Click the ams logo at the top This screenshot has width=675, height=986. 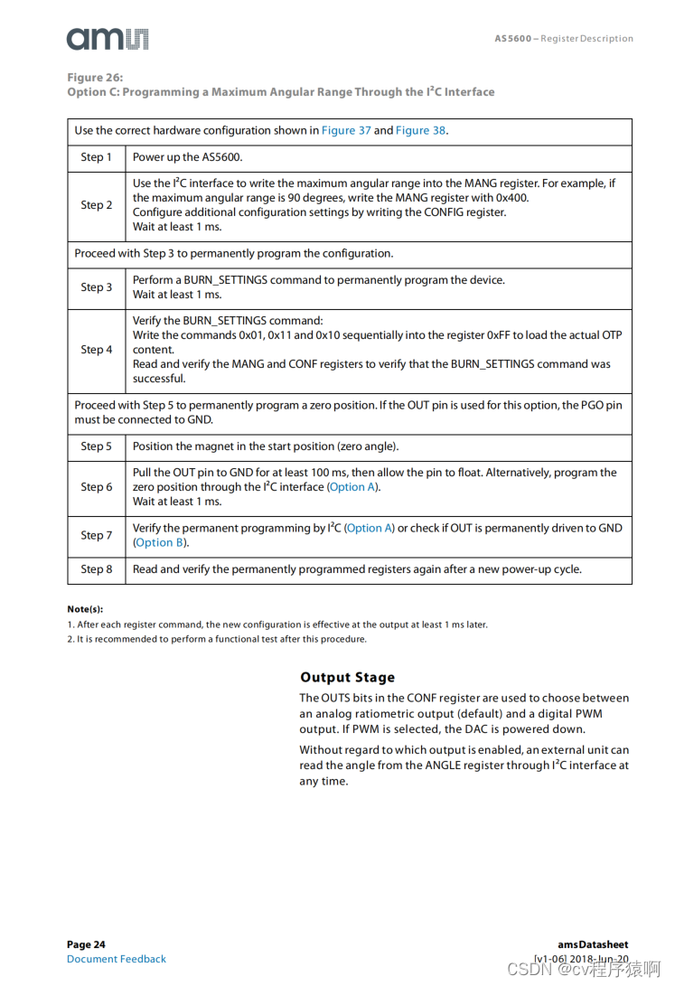coord(107,38)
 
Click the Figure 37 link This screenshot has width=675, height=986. coord(346,130)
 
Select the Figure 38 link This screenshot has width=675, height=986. coord(420,130)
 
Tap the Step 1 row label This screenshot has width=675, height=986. coord(96,157)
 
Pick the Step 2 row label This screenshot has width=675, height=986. coord(96,205)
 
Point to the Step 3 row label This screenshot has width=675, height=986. coord(96,287)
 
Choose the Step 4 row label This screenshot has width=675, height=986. coord(96,350)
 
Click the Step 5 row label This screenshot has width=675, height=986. coord(96,446)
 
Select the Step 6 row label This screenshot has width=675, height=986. coord(96,487)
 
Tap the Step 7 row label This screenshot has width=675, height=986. coord(96,535)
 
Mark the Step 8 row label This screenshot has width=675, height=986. coord(96,569)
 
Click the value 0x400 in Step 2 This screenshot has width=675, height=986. coord(512,198)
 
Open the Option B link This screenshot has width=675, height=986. coord(159,543)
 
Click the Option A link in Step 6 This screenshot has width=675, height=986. coord(352,487)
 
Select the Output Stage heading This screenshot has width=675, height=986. coord(347,677)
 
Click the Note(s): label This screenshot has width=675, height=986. coord(85,609)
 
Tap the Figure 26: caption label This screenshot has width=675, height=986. coord(95,78)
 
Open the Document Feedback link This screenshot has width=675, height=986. coord(117,959)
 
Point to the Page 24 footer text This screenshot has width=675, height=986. coord(86,944)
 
